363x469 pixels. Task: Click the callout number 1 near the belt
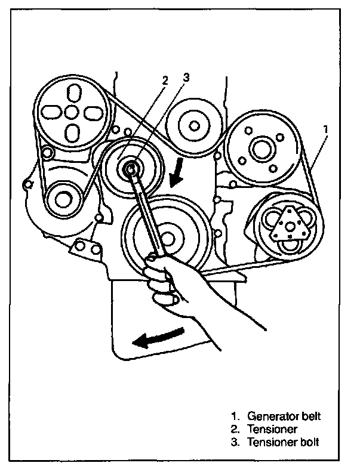325,128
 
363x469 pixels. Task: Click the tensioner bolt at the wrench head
130,169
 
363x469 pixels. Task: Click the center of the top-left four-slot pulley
71,112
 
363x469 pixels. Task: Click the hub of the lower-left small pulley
63,199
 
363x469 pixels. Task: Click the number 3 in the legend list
236,442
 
